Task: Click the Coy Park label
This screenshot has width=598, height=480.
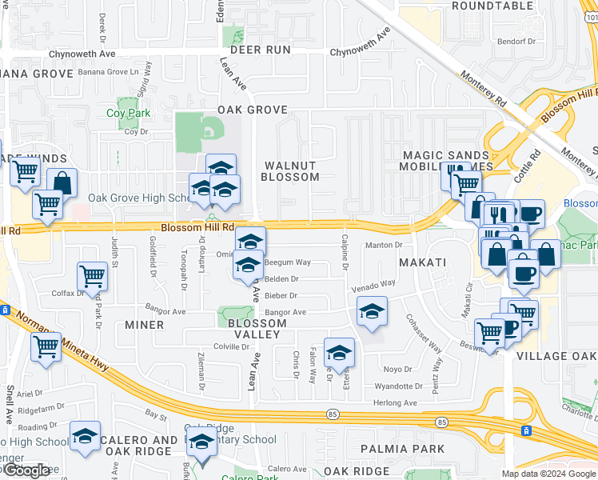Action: click(x=128, y=113)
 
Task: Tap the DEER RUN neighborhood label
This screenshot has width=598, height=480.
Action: click(x=260, y=50)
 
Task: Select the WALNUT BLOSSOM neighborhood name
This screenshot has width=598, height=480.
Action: click(x=289, y=170)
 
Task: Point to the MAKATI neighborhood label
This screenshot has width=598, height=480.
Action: click(x=425, y=262)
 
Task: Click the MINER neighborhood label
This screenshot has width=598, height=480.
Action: click(x=145, y=325)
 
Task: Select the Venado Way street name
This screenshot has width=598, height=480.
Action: click(x=375, y=283)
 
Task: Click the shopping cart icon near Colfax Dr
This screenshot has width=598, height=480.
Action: click(x=92, y=276)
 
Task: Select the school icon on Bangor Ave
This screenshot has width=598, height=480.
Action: click(x=371, y=311)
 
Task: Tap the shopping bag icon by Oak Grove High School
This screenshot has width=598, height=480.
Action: click(x=62, y=183)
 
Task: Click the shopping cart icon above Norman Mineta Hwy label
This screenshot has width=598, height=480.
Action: click(x=46, y=346)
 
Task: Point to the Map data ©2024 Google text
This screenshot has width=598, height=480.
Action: click(x=548, y=474)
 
